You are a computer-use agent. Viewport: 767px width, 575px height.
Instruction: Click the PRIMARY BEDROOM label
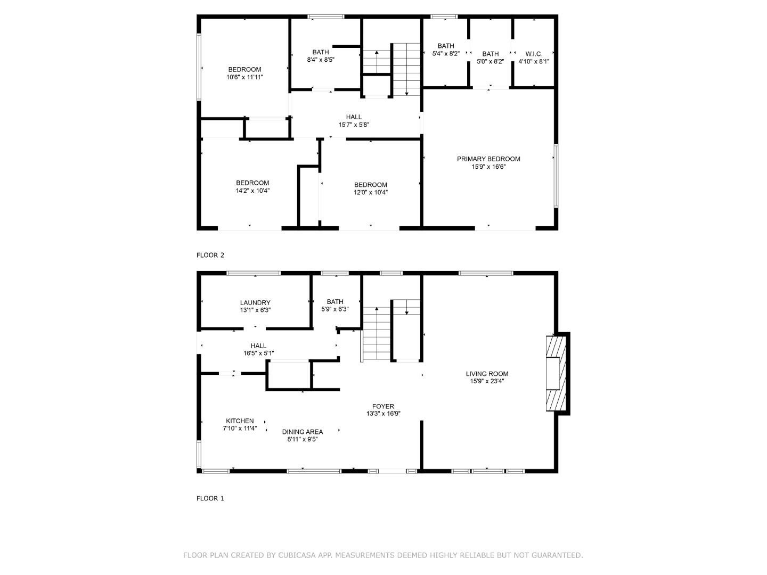pos(488,159)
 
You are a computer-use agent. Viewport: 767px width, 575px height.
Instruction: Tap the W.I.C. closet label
pos(534,54)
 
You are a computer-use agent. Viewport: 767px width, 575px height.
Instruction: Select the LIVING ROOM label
pos(487,374)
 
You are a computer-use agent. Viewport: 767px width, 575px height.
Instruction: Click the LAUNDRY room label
pos(255,302)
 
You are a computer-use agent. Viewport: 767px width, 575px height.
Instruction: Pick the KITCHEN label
pos(240,421)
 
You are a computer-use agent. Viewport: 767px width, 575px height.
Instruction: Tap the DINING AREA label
pos(303,432)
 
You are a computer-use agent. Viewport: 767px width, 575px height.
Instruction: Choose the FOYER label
pos(383,406)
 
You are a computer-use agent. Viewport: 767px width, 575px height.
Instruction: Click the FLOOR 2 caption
pos(210,255)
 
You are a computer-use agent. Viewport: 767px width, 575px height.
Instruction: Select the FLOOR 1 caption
pos(210,498)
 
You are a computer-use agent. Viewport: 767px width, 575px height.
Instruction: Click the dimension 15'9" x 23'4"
pos(487,381)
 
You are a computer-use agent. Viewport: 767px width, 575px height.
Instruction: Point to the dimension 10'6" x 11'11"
pos(244,77)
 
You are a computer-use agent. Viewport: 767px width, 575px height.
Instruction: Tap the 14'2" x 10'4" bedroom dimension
pos(252,191)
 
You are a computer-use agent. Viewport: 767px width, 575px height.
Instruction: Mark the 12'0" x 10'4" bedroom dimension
pos(371,193)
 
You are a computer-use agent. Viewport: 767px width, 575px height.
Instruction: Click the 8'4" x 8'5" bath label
pos(321,60)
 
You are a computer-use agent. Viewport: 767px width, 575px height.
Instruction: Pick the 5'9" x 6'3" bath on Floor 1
pos(335,309)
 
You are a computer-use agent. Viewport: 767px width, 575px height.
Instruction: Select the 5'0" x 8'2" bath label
pos(491,61)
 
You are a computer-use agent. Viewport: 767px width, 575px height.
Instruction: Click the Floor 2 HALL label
pos(354,117)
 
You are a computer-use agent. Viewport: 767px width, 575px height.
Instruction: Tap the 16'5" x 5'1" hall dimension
pos(258,353)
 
